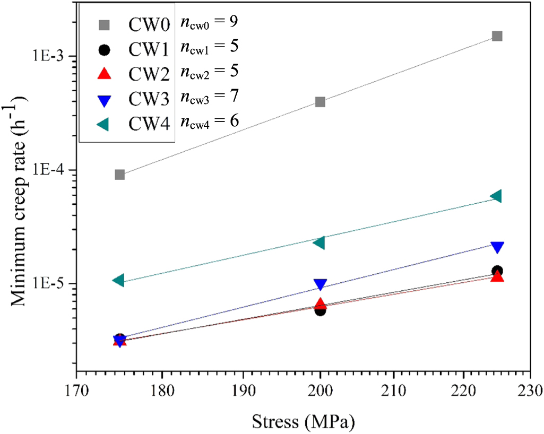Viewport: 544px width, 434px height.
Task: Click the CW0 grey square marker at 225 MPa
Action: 497,36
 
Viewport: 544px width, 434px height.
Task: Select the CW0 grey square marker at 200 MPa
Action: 320,102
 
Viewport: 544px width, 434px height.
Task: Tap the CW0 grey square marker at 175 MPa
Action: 120,175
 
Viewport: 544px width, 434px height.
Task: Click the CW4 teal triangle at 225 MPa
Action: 496,196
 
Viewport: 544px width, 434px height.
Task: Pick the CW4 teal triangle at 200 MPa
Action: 319,242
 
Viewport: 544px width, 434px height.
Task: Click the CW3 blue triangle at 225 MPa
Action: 497,247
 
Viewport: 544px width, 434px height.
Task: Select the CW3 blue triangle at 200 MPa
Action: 320,285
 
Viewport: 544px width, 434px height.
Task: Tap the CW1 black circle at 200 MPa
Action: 320,310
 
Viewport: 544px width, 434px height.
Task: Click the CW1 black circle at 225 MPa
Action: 497,271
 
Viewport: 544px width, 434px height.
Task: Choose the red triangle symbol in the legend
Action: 105,74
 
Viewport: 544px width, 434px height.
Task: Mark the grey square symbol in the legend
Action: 105,24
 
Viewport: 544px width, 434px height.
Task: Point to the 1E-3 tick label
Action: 53,56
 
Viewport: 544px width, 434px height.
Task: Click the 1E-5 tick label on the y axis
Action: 53,283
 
